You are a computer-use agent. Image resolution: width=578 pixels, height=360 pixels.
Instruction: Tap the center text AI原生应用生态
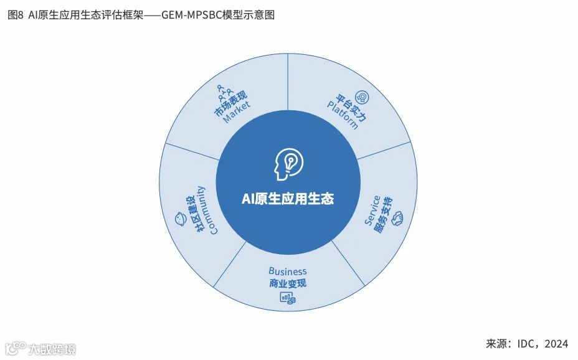(x=288, y=199)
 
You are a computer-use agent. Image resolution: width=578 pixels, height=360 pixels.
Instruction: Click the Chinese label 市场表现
(x=230, y=104)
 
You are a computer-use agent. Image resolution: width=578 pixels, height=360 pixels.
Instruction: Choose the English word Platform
(x=343, y=114)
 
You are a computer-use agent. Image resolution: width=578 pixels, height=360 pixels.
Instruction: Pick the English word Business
(x=288, y=272)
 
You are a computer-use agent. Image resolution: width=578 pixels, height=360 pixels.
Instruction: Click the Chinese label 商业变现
(x=288, y=284)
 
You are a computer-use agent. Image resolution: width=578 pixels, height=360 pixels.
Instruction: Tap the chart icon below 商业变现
(x=287, y=298)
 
